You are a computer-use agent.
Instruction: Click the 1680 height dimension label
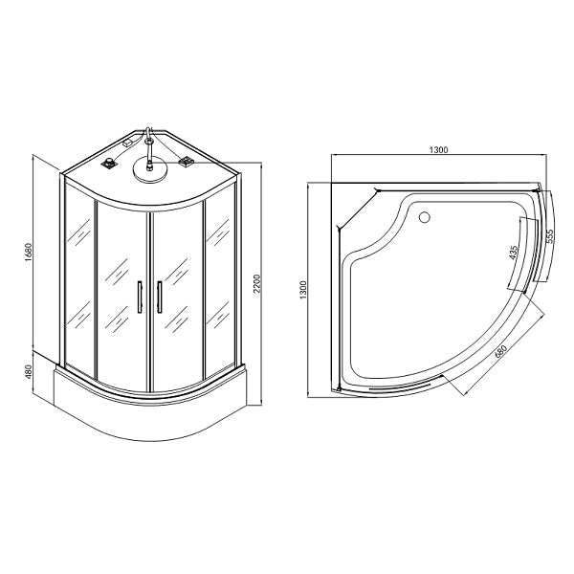[30, 252]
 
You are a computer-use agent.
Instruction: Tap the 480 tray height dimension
[30, 372]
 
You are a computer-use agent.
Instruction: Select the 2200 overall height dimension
[256, 283]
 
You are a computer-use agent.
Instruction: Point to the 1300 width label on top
[438, 150]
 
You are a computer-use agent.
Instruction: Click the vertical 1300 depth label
[303, 290]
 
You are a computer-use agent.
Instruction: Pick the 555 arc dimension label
[550, 236]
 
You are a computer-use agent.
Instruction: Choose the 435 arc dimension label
[514, 253]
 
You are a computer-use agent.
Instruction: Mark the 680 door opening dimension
[500, 351]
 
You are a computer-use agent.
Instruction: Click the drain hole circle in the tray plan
[424, 217]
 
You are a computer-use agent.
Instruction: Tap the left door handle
[140, 297]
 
